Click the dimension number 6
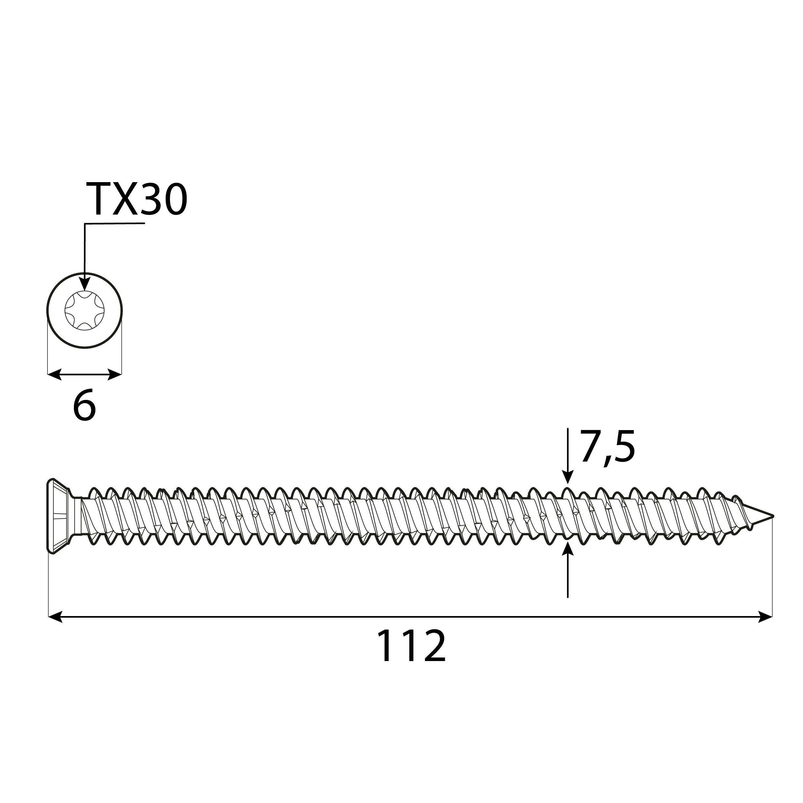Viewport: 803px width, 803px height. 84,407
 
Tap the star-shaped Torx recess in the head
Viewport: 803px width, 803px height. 84,311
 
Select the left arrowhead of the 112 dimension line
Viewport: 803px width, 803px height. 55,617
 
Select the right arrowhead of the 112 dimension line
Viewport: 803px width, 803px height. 766,617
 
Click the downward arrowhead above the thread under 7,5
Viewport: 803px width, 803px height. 568,477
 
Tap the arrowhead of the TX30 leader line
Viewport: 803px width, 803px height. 85,284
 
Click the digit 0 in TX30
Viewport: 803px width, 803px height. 174,199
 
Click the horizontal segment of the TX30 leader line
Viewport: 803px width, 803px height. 115,224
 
